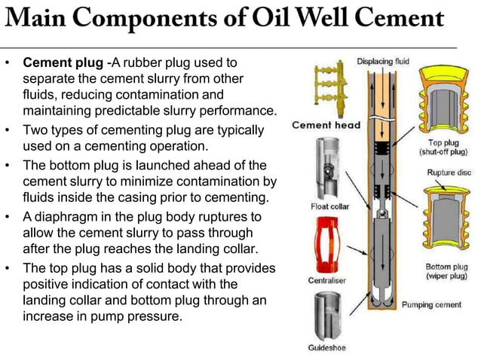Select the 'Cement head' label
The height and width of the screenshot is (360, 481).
tap(326, 125)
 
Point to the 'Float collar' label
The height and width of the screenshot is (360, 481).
tap(329, 206)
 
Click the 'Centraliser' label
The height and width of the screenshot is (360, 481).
tap(326, 279)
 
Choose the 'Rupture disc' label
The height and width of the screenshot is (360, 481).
tap(449, 172)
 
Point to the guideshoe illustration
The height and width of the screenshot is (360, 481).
tap(327, 315)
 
